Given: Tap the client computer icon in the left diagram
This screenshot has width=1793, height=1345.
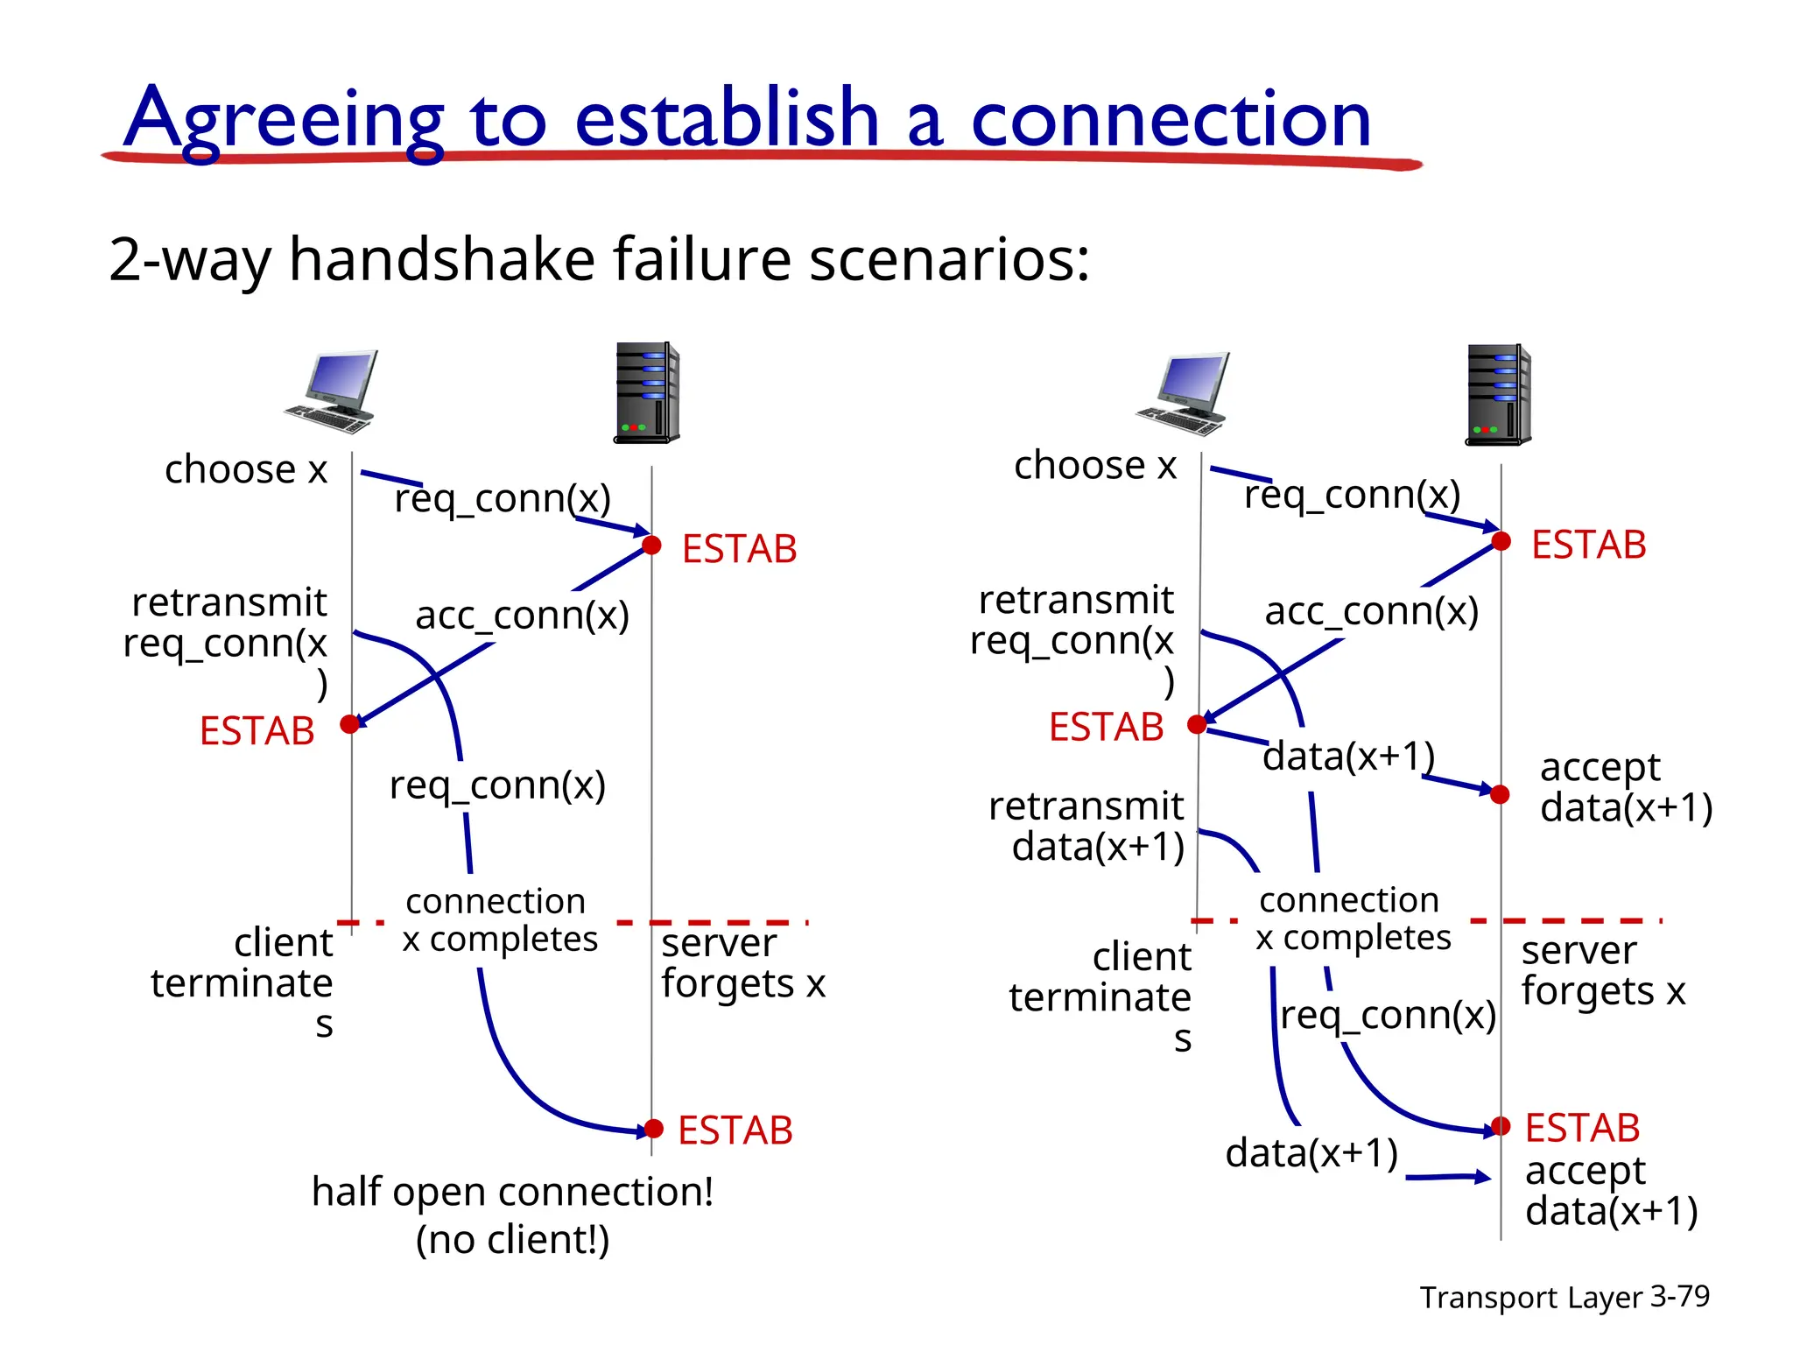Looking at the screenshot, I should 333,391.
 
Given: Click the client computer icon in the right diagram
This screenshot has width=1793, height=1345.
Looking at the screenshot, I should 1184,393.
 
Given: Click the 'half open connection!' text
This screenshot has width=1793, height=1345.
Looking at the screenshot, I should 512,1192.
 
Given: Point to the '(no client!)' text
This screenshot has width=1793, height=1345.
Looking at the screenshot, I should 512,1240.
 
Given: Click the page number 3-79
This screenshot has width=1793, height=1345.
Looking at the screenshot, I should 1679,1296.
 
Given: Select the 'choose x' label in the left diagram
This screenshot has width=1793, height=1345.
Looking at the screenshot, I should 246,469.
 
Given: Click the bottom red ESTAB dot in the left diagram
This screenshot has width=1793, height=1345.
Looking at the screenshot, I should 653,1129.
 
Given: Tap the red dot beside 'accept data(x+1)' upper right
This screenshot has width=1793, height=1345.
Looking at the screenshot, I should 1500,794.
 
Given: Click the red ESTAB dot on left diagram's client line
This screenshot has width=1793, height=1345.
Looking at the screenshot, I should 350,724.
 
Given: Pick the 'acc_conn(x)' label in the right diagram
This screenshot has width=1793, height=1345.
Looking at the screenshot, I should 1371,611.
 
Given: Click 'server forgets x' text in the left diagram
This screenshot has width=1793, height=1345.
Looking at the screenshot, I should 742,963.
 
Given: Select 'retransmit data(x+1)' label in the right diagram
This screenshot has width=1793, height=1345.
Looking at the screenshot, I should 1087,826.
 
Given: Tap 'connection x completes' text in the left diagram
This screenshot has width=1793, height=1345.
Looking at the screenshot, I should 499,919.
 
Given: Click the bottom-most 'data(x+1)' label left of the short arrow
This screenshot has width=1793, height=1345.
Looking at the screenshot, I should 1311,1153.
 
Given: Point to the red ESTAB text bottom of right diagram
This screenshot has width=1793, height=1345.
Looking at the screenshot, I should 1582,1128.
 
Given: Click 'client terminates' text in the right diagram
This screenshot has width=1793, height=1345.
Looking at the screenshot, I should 1101,996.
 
